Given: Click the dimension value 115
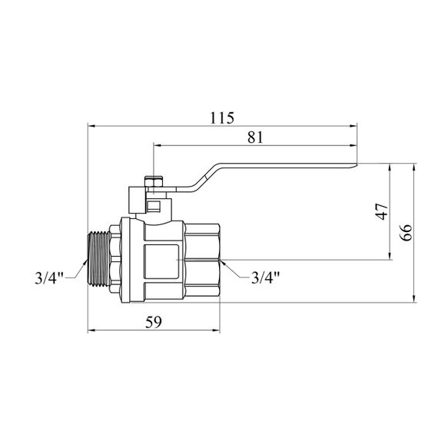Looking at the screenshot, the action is pos(222,118).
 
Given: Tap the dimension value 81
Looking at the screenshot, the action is pos(255,138).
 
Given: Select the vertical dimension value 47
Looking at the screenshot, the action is pos(383,211).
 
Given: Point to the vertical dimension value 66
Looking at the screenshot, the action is pos(406,232).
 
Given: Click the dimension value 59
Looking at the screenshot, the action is pos(154,322).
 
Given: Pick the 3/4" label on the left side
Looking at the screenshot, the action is pos(49,278).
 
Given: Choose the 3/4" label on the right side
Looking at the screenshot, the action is pos(265,277).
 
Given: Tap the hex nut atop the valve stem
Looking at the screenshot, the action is pos(154,181).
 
